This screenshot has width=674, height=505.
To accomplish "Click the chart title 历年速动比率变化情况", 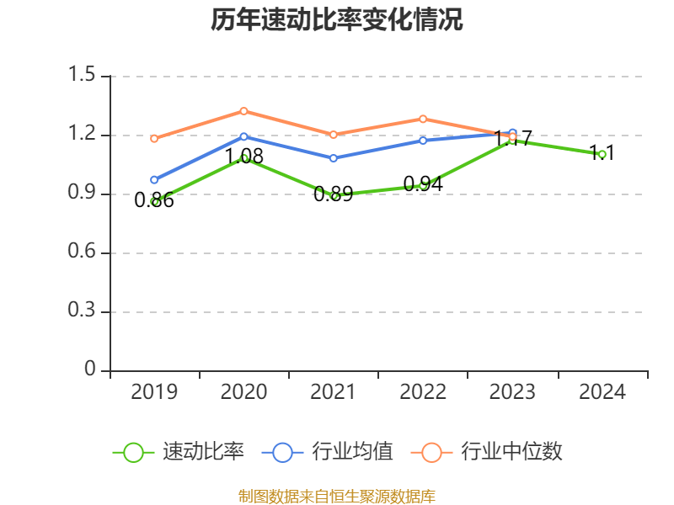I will click(x=337, y=20).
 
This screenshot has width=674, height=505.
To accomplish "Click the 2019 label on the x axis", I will click(x=154, y=392).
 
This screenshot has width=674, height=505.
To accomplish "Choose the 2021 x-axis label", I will click(x=334, y=392).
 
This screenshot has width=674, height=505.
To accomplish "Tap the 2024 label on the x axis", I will click(x=602, y=392).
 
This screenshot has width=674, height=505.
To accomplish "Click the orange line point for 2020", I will click(x=243, y=111).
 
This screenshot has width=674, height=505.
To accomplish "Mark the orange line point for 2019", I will click(x=154, y=138).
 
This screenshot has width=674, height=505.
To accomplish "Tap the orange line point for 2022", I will click(x=423, y=119).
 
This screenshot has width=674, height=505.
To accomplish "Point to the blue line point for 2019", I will click(x=154, y=179).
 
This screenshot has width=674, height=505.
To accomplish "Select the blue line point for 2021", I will click(x=334, y=157).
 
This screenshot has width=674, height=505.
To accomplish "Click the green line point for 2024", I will click(x=602, y=154).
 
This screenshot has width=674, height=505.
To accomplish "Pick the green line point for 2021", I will click(x=334, y=195).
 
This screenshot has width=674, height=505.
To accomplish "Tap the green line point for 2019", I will click(x=155, y=201).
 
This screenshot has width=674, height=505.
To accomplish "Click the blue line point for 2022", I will click(x=423, y=140).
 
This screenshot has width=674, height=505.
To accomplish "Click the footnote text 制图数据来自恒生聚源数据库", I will click(x=337, y=496).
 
